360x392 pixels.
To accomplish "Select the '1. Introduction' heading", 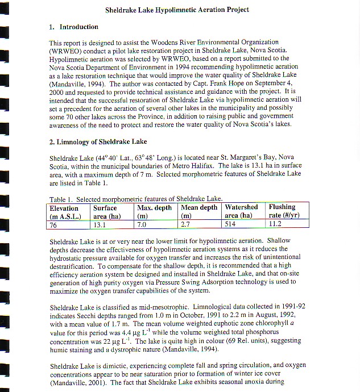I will [73, 27].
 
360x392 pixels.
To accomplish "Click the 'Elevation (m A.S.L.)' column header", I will [65, 211].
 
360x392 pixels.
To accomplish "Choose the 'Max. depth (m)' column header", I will [155, 211].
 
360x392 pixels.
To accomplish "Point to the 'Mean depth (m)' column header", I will [198, 211].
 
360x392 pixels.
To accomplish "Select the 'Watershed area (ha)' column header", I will [242, 211].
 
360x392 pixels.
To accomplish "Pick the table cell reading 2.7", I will [187, 224].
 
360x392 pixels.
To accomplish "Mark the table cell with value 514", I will [231, 224].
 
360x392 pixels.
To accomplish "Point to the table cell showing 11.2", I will [275, 224].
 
